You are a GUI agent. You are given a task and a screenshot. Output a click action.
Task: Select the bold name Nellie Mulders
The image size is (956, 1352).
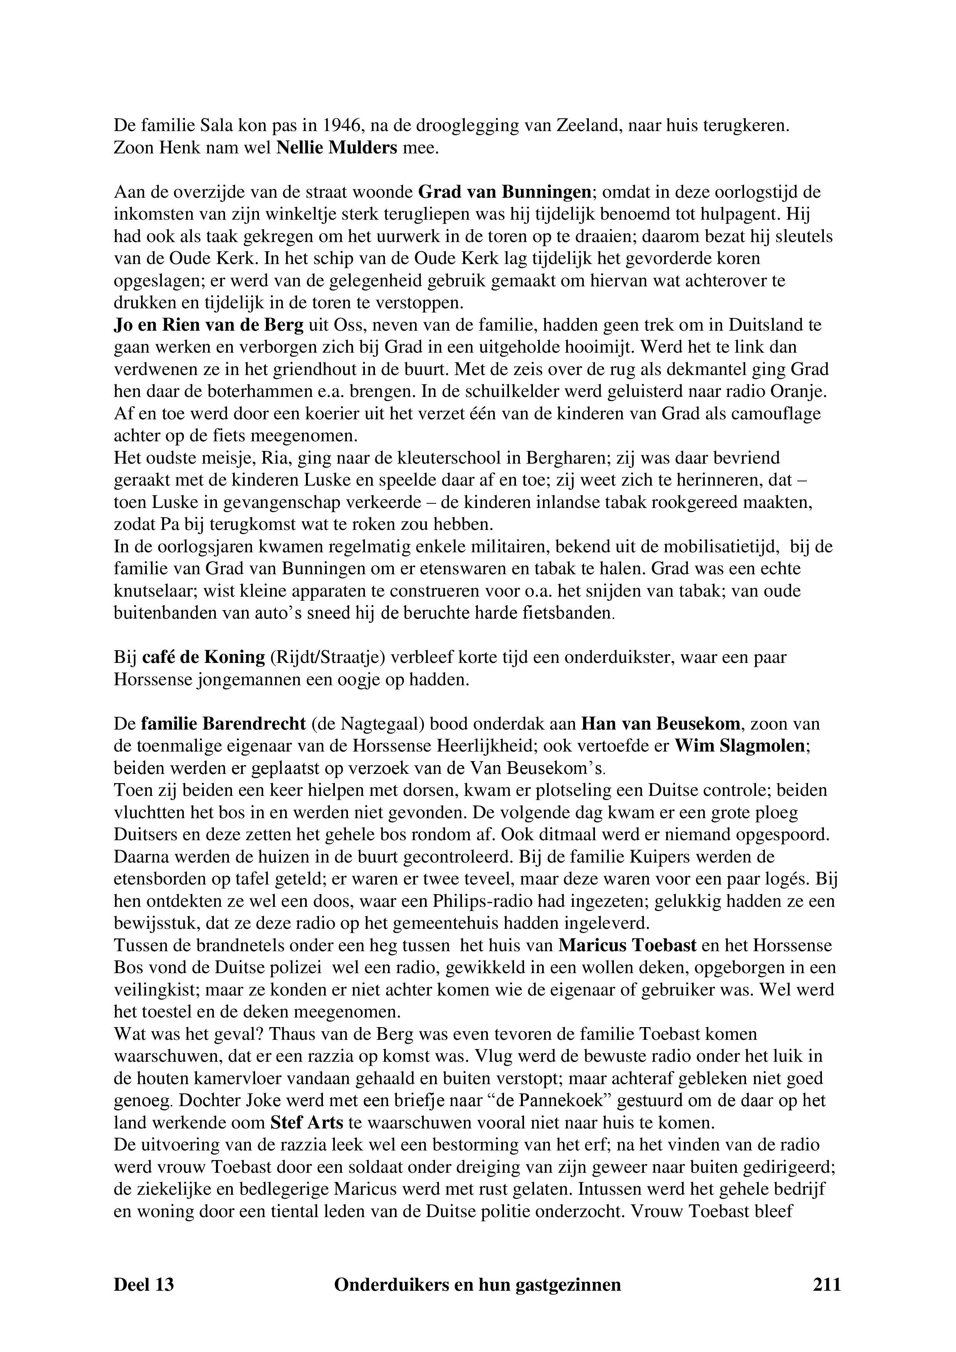coord(337,148)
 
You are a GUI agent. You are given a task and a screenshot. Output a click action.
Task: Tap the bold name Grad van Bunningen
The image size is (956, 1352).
coord(504,192)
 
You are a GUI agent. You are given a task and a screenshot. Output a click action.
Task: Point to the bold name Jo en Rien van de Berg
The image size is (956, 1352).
coord(209,325)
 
